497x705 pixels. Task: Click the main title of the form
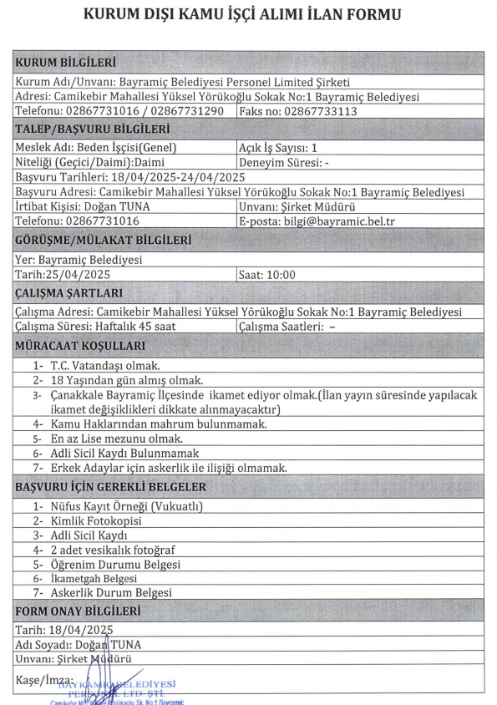[x=248, y=15]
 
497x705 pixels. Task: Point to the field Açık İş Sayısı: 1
[x=283, y=148]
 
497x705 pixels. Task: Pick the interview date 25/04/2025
[x=80, y=274]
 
